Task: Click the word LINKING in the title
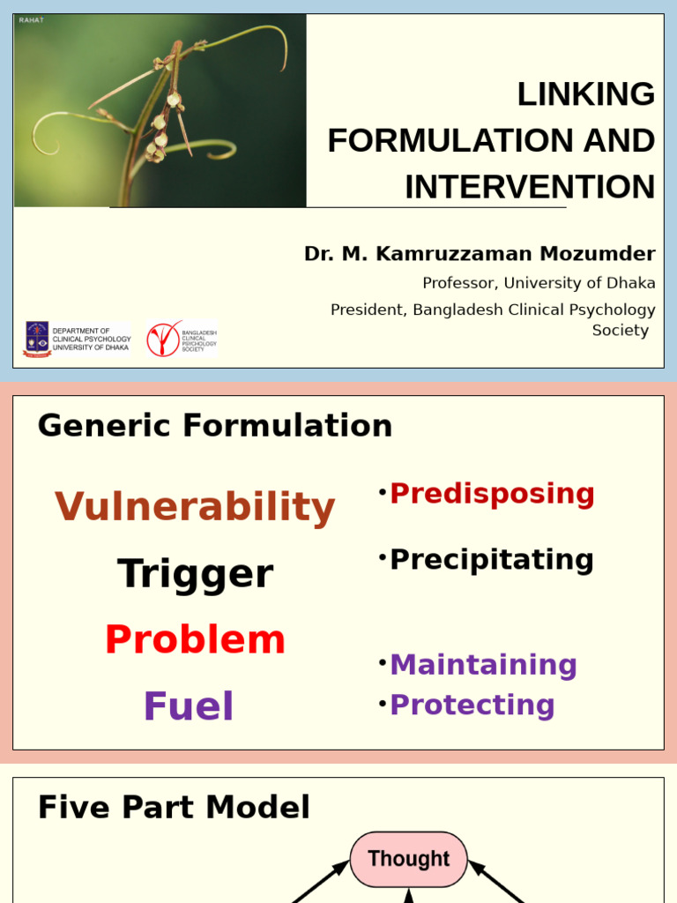(585, 94)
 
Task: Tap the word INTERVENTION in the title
(530, 188)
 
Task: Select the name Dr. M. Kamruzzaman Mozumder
(480, 254)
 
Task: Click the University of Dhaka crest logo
(37, 339)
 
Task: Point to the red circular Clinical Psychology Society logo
(163, 339)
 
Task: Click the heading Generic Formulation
(215, 426)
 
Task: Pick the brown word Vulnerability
(195, 507)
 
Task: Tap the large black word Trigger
(195, 574)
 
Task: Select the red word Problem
(195, 640)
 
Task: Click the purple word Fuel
(189, 706)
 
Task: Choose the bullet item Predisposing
(492, 494)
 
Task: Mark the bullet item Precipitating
(492, 560)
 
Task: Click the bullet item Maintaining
(483, 665)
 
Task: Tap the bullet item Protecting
(472, 705)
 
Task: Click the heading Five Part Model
(174, 808)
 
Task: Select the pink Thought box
(408, 859)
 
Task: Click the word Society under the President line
(620, 331)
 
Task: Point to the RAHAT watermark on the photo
(31, 20)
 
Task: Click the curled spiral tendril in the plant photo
(49, 132)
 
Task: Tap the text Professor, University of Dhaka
(539, 283)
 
